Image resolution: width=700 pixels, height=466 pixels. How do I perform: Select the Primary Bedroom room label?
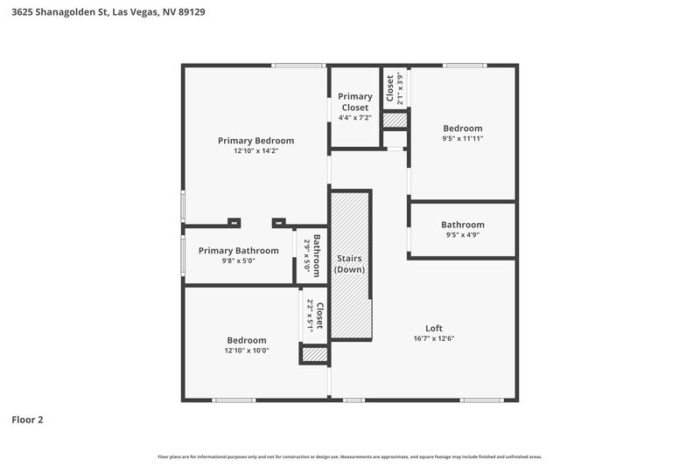point(255,140)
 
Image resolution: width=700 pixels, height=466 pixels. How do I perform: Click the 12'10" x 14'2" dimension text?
point(255,151)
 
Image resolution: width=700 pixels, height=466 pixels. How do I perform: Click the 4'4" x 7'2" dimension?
point(354,118)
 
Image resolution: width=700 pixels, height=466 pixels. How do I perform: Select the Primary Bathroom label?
point(238,250)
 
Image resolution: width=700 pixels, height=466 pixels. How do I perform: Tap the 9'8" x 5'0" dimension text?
point(238,261)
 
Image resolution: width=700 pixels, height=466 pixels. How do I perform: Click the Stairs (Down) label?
point(349,264)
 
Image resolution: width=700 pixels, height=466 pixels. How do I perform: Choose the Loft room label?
point(434,329)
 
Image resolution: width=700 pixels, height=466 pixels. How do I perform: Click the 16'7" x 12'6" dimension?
point(434,339)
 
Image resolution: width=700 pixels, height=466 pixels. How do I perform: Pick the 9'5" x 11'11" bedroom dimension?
point(462,138)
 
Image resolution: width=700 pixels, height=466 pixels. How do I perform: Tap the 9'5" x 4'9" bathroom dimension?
point(462,234)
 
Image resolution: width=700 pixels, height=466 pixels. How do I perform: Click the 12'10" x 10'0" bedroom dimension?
point(247,351)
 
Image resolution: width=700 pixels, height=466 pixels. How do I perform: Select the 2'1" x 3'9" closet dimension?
point(401,87)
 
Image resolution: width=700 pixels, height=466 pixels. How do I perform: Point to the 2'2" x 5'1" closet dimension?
point(310,315)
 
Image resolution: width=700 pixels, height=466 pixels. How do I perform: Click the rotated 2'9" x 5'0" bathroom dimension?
point(307,255)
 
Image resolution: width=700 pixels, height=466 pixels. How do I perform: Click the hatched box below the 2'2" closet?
point(314,354)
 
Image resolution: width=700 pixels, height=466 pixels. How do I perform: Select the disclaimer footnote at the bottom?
point(350,456)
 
